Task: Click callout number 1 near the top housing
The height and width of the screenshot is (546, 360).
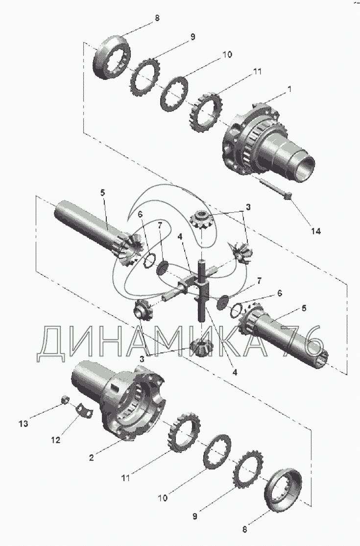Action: coord(289,90)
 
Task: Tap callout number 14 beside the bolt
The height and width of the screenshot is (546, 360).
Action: coord(316,230)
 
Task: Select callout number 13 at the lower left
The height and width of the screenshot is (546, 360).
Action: coord(24,424)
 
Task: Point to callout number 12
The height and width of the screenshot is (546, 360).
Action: coord(56,440)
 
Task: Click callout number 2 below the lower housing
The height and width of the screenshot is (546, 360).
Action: coord(91,457)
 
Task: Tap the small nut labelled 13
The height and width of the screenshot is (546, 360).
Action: coord(64,400)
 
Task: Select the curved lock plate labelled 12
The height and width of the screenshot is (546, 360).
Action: coord(85,409)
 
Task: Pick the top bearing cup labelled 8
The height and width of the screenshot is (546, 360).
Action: coord(112,57)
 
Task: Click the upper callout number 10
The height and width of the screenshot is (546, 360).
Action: coord(227,55)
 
